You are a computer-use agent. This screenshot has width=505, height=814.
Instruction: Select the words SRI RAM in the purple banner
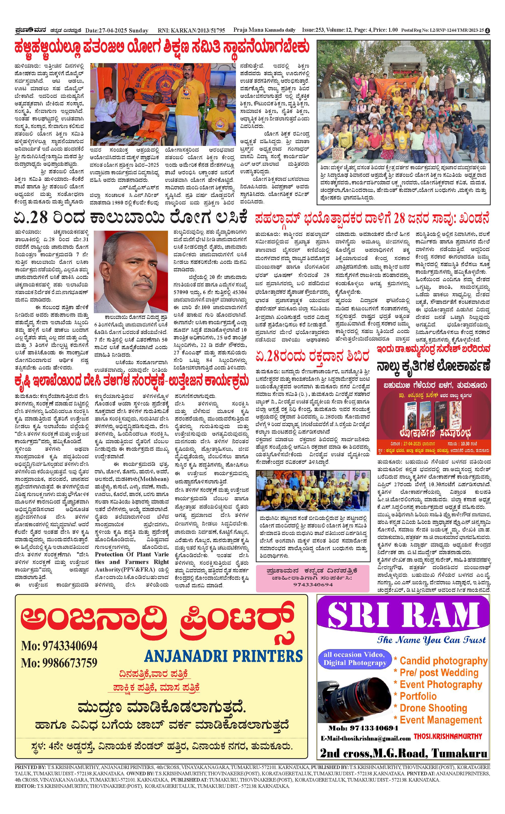click(403, 615)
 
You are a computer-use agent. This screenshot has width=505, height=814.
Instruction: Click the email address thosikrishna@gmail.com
click(366, 738)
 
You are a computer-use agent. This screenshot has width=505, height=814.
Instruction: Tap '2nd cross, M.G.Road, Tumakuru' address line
click(403, 753)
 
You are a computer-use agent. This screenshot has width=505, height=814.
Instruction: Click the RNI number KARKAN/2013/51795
click(191, 30)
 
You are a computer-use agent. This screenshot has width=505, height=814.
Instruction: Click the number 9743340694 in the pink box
click(313, 585)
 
